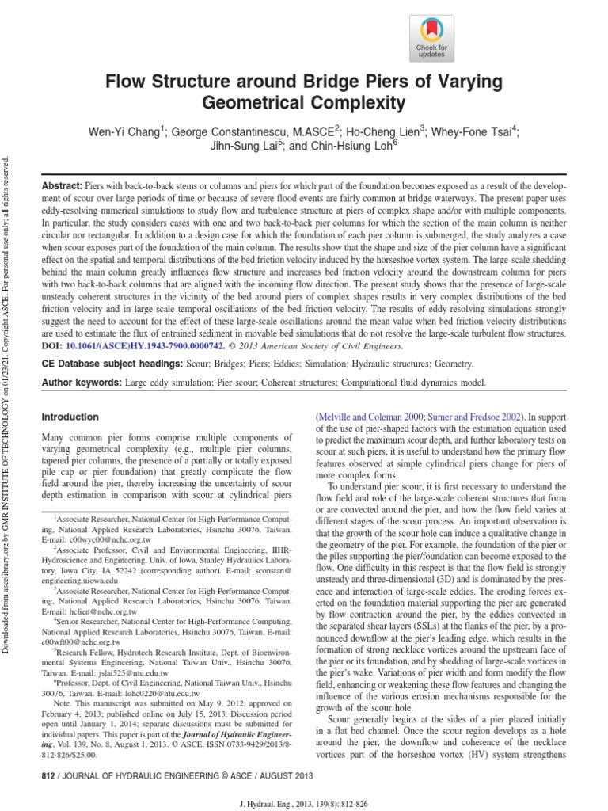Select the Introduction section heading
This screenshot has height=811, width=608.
click(70, 417)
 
